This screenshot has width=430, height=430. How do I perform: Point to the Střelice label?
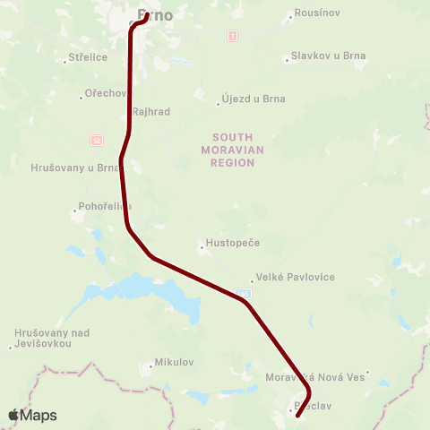[x=87, y=58]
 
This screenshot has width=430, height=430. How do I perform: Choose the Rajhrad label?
[x=150, y=112]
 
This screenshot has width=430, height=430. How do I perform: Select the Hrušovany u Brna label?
[x=75, y=168]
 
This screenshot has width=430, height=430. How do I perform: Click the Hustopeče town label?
[x=231, y=244]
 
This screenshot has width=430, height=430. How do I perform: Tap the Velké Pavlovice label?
[x=295, y=278]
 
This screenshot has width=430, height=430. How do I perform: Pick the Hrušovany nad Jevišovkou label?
[x=52, y=339]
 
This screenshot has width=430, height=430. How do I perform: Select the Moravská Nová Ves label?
[x=316, y=378]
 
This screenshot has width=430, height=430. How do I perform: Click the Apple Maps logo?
[x=32, y=415]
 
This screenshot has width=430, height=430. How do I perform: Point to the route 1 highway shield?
[x=233, y=37]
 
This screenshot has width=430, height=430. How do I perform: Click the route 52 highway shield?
[x=96, y=141]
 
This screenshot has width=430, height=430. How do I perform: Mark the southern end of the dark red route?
[x=297, y=416]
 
